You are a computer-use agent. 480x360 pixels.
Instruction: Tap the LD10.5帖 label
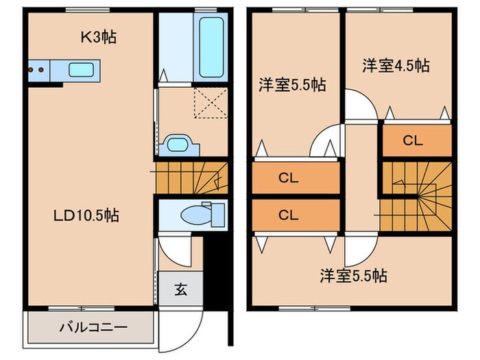(87, 215)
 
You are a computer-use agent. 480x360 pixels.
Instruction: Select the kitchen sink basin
(81, 69)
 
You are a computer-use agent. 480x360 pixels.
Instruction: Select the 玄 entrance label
(180, 289)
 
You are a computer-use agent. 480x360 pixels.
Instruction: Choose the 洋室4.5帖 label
(396, 66)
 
